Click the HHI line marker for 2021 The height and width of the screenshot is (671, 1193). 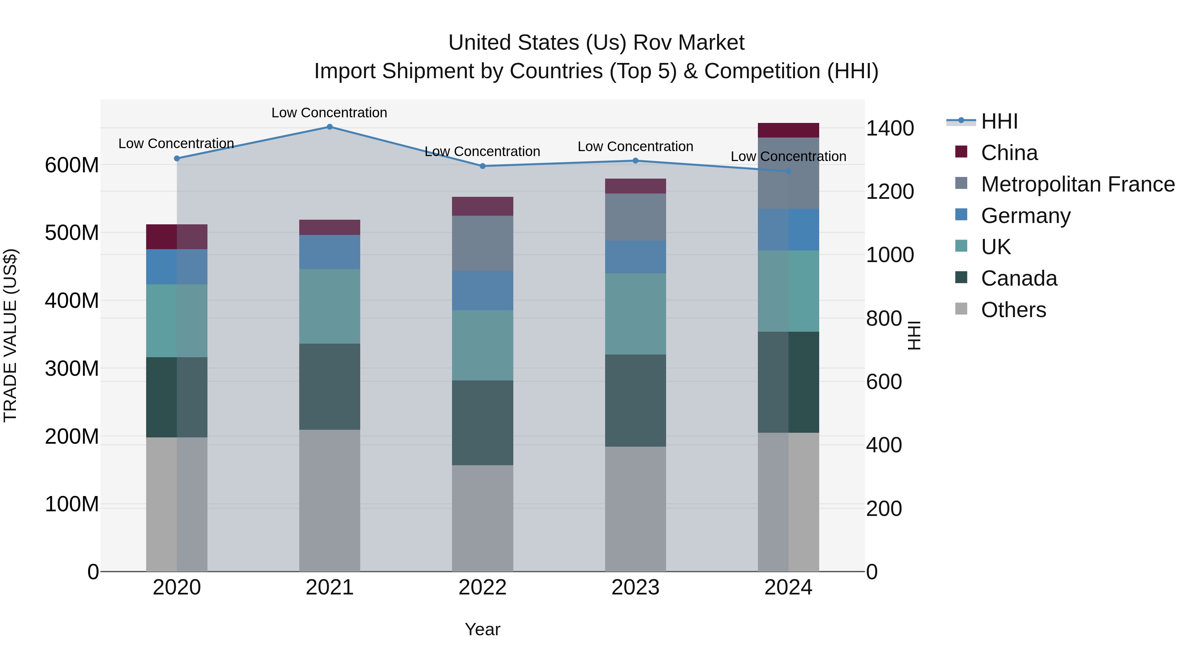pos(329,127)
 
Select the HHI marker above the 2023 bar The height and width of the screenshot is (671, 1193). pos(635,161)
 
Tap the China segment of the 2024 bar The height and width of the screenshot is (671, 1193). pos(788,130)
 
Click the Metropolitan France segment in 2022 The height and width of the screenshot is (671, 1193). pos(482,243)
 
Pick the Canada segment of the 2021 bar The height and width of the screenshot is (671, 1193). pos(329,386)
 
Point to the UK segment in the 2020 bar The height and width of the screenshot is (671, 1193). pos(176,320)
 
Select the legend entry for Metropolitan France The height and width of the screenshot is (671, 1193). pos(1077,184)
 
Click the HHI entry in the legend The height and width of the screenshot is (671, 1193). pos(999,121)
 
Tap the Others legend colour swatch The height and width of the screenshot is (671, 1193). pos(961,309)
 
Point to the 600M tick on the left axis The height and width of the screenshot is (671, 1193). pos(72,165)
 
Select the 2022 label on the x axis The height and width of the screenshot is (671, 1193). pos(482,587)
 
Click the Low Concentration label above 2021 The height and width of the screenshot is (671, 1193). pos(329,113)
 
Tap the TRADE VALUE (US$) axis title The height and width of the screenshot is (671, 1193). pos(11,335)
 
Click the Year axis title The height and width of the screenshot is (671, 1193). pos(482,629)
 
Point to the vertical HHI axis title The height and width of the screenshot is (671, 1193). pos(913,335)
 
